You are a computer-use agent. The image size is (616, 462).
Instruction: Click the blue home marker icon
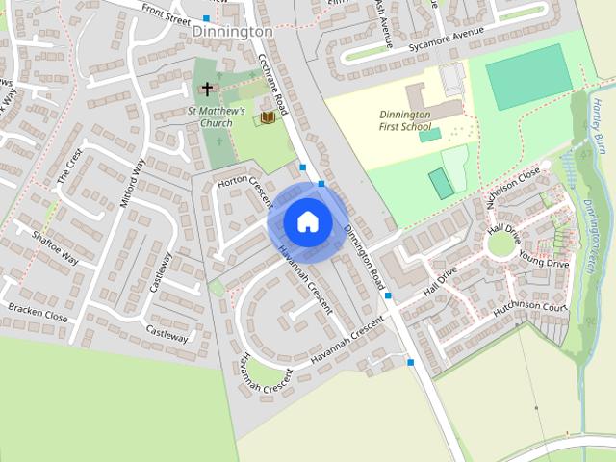click(x=307, y=220)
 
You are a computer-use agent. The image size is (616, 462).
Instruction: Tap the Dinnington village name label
click(x=232, y=31)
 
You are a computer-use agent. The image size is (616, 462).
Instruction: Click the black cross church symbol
click(x=207, y=90)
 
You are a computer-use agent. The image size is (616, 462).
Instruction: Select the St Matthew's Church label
click(x=217, y=116)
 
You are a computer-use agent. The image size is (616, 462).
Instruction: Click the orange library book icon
click(x=268, y=117)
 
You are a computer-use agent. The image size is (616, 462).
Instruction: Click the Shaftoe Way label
click(x=55, y=247)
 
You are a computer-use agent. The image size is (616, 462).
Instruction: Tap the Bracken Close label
click(x=38, y=313)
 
